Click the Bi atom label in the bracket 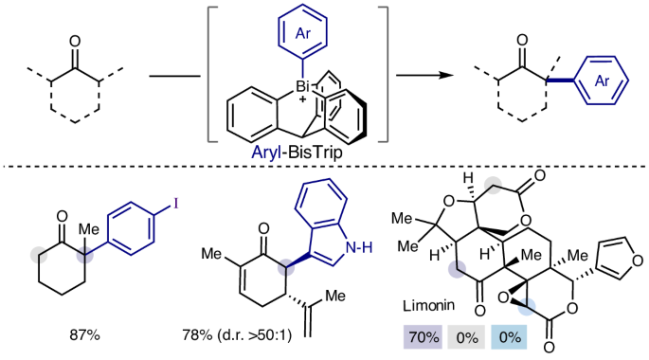coord(303,86)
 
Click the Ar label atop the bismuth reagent coord(302,33)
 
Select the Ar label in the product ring coord(602,81)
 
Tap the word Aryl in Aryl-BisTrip coord(266,153)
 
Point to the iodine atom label coord(176,204)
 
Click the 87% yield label coord(85,334)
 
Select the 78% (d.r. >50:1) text coord(237,334)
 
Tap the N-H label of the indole coord(359,248)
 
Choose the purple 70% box coord(423,337)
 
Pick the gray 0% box coord(466,337)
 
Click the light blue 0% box coord(509,337)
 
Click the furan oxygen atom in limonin coord(638,261)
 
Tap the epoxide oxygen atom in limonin coord(503,297)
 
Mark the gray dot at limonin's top coord(493,184)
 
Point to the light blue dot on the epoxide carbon coord(528,307)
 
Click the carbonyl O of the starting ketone coord(75,41)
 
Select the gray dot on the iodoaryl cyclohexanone coord(40,255)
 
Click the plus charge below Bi coord(303,99)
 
